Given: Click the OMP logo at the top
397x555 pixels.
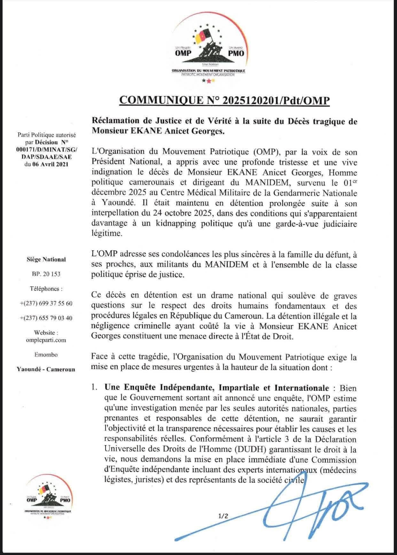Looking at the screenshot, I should pos(209,45).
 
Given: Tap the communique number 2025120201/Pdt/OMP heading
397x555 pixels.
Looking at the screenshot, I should pos(224,100).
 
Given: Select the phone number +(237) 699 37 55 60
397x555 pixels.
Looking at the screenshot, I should pos(46,303).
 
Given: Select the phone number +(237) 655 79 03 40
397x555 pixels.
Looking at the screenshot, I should pos(46,318).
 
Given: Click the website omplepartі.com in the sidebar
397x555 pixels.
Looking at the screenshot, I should pos(46,340).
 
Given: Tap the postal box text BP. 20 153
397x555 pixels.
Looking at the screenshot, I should pos(46,274).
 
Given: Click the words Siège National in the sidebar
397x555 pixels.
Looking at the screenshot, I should pos(46,259).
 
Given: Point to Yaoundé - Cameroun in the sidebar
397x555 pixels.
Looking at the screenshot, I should pos(46,369).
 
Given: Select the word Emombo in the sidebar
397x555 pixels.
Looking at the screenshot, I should pos(46,355).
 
